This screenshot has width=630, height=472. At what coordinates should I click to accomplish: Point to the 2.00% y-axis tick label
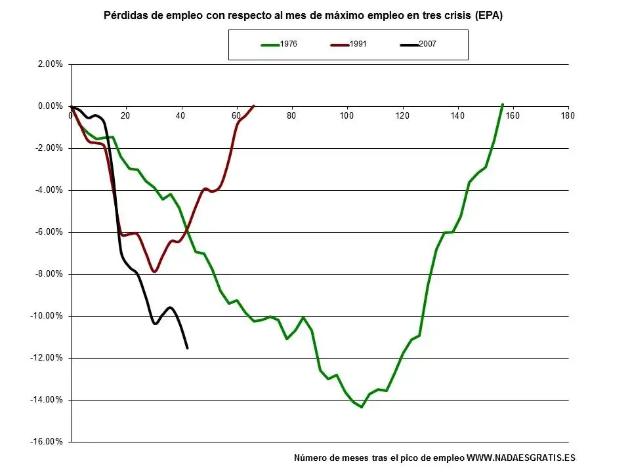pyautogui.click(x=50, y=64)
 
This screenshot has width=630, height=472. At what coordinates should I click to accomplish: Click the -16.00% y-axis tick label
pyautogui.click(x=48, y=442)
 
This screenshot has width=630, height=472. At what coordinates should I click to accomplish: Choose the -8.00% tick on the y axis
pyautogui.click(x=49, y=274)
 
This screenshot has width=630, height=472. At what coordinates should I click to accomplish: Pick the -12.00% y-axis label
pyautogui.click(x=48, y=358)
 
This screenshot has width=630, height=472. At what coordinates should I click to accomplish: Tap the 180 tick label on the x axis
pyautogui.click(x=568, y=115)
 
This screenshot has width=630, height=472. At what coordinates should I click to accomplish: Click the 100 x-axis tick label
pyautogui.click(x=346, y=115)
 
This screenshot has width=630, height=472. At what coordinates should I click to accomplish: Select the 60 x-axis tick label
pyautogui.click(x=236, y=115)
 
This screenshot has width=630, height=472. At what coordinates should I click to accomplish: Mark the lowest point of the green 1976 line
pyautogui.click(x=361, y=407)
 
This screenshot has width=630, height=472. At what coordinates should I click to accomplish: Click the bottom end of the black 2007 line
pyautogui.click(x=187, y=347)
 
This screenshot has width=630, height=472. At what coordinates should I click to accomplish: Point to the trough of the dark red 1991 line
pyautogui.click(x=154, y=271)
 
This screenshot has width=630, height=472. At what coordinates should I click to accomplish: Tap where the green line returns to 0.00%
pyautogui.click(x=502, y=105)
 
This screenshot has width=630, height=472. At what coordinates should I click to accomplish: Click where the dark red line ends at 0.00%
pyautogui.click(x=253, y=106)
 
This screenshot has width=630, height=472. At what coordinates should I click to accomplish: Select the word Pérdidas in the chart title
pyautogui.click(x=127, y=16)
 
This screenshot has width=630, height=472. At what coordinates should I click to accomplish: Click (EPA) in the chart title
pyautogui.click(x=488, y=16)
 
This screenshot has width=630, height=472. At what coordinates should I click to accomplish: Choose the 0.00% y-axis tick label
pyautogui.click(x=50, y=106)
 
